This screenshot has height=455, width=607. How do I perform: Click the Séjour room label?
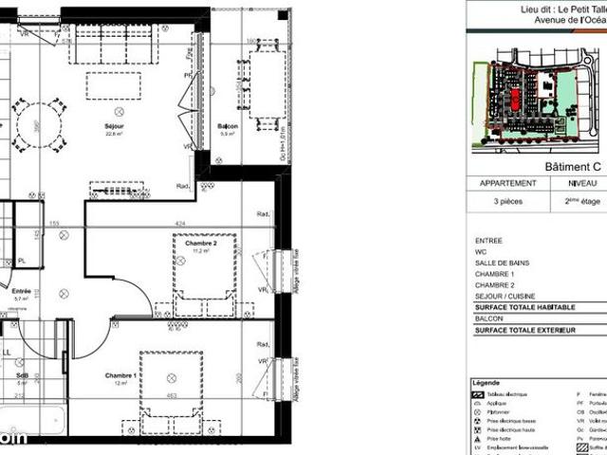[x=114, y=125]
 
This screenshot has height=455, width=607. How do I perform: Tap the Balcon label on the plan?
[x=228, y=126]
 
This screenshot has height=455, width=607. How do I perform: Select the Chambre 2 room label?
[x=201, y=244]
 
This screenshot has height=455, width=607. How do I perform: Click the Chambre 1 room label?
[x=121, y=375]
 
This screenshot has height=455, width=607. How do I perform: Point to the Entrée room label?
[x=21, y=291]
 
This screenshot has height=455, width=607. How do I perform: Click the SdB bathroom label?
[x=21, y=375]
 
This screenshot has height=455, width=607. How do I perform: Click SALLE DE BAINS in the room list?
[x=503, y=263]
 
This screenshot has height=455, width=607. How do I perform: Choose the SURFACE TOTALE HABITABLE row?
[x=524, y=307]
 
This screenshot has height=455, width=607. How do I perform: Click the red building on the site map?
[x=516, y=98]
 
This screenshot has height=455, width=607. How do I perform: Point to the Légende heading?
[x=487, y=382]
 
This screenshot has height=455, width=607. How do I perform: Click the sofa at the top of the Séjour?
[x=112, y=44]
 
